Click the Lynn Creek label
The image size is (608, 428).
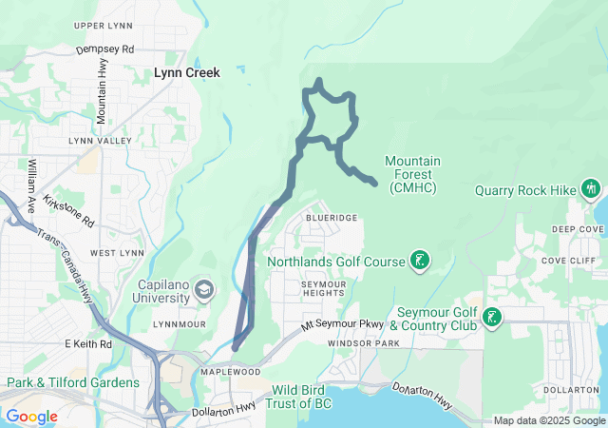click(187, 72)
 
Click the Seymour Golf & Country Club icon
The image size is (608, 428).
click(491, 317)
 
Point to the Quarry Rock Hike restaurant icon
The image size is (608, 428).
click(591, 189)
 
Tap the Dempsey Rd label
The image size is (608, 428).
click(104, 49)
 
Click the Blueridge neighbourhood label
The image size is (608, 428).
click(332, 218)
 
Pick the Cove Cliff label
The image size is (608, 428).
click(568, 261)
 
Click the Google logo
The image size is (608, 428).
click(31, 417)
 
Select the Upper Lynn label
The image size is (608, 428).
click(102, 25)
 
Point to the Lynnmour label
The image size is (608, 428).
click(178, 324)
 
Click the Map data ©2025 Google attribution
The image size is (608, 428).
click(549, 421)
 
